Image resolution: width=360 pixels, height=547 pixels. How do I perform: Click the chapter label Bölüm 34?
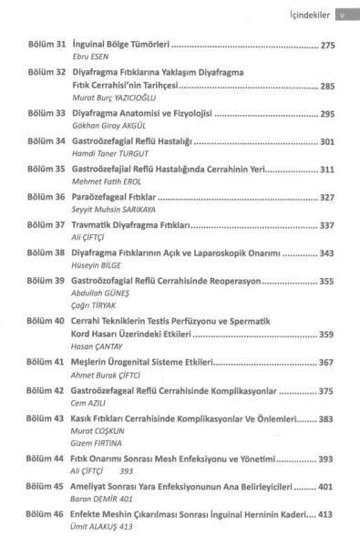coord(45,143)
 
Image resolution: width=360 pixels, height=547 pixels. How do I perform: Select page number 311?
coord(329,169)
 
